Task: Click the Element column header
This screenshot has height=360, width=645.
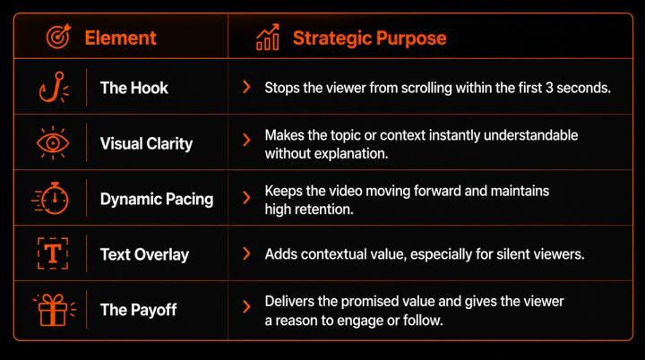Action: [x=120, y=38]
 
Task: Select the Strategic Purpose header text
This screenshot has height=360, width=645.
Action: [x=369, y=38]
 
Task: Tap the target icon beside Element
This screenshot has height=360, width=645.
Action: [x=58, y=37]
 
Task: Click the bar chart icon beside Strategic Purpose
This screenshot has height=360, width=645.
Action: [x=268, y=37]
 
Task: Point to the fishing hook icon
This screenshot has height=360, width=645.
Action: [x=54, y=87]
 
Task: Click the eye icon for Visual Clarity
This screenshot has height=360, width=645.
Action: [x=53, y=142]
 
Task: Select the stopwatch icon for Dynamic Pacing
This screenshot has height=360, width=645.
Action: [x=50, y=198]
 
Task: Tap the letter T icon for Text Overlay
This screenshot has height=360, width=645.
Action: [x=53, y=253]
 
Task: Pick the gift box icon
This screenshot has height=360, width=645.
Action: [x=54, y=309]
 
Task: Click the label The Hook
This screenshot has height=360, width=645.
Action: [x=134, y=88]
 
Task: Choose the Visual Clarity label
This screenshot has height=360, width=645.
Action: [x=146, y=143]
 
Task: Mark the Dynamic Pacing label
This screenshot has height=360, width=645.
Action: [x=157, y=199]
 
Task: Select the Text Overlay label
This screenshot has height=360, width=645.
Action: [x=144, y=254]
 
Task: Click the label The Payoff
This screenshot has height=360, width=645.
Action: [x=138, y=310]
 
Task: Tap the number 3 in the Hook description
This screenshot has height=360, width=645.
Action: [x=549, y=88]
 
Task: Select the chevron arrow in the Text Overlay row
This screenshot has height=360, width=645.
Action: [x=246, y=253]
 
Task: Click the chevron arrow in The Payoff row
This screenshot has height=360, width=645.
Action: [x=246, y=306]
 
